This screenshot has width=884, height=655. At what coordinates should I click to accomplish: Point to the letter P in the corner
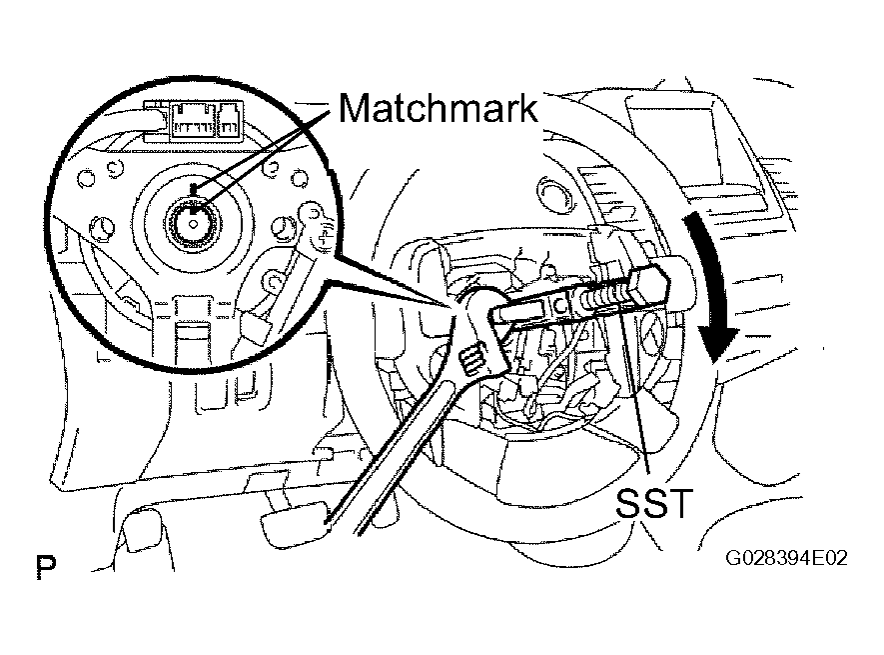point(45,569)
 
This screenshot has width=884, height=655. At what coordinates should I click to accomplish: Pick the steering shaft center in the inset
point(190,222)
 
